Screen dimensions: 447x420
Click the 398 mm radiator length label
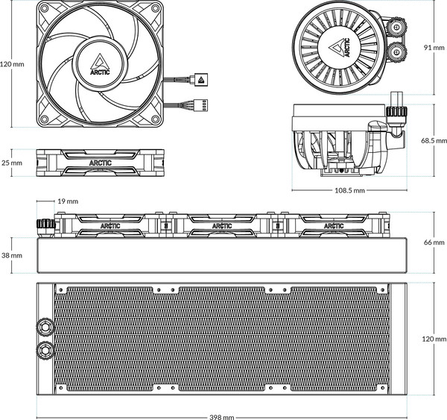(222, 417)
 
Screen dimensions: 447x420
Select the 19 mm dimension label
(68, 201)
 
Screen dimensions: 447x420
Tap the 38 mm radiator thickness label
(12, 255)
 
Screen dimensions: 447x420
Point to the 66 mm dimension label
(434, 242)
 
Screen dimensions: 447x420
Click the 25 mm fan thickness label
(12, 163)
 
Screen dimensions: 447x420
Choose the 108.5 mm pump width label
(349, 190)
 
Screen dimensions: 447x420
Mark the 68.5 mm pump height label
(434, 140)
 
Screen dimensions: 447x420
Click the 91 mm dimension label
(434, 48)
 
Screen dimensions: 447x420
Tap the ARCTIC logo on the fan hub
(100, 64)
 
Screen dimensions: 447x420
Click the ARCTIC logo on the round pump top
(339, 48)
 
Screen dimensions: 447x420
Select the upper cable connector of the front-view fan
(200, 79)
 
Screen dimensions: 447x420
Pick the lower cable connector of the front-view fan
(200, 104)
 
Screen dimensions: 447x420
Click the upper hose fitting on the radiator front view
(45, 326)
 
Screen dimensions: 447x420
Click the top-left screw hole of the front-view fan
(44, 8)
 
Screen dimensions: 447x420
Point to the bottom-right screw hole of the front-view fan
(156, 119)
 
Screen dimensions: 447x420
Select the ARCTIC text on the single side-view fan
(100, 163)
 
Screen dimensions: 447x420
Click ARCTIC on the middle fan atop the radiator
(222, 226)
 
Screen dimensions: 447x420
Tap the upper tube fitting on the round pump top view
(396, 27)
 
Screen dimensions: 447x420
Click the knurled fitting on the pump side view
(396, 112)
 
